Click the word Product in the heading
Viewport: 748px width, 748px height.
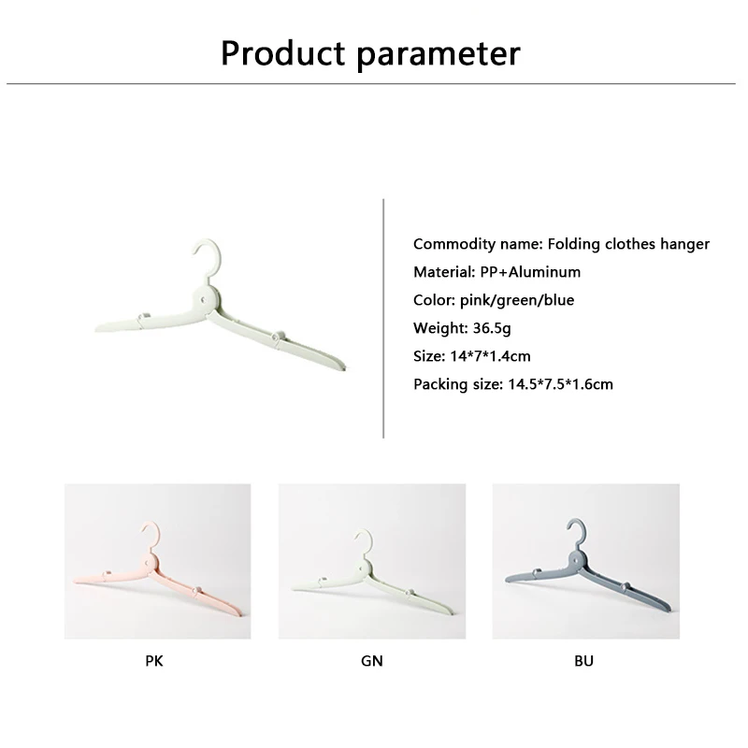pos(283,52)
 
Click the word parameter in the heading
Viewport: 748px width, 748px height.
pos(438,55)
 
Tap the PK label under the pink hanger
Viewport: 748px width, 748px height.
pos(154,661)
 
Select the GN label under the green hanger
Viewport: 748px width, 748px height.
pos(371,661)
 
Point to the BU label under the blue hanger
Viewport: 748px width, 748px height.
pos(583,661)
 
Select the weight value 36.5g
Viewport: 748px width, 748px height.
pos(492,328)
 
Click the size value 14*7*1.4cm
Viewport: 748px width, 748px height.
pos(490,356)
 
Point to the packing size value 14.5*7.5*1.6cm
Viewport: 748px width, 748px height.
pos(560,384)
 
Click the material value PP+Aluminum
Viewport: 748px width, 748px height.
pos(530,272)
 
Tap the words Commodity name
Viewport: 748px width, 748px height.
pos(478,244)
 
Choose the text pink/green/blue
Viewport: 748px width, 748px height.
pos(517,300)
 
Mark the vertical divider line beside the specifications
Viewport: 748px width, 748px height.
pos(383,319)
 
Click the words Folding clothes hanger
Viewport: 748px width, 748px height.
pos(628,244)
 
